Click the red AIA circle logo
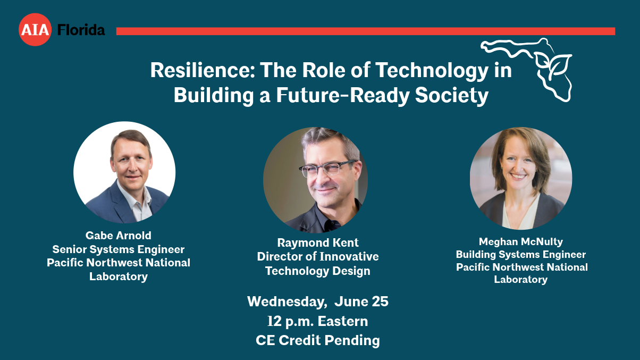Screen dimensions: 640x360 point(35,29)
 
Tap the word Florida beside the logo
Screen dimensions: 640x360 point(81,30)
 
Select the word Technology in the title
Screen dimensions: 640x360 point(432,71)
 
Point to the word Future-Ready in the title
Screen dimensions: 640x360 point(343,95)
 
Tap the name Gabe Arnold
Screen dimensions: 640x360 point(119,236)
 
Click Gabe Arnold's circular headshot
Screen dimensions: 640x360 point(124,172)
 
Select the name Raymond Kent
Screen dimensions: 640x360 point(318,242)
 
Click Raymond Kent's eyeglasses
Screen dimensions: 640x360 point(327,168)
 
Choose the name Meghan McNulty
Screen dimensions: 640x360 point(521,242)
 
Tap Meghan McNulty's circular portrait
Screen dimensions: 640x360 point(521,178)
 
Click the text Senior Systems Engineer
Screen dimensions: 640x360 point(119,249)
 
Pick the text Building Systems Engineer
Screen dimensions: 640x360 point(521,254)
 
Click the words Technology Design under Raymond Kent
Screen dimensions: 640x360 point(318,271)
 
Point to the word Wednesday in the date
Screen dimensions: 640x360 point(287,302)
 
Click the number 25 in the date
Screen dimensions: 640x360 point(380,302)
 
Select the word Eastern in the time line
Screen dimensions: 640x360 point(342,321)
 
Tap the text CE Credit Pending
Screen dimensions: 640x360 point(318,340)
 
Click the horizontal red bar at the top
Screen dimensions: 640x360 point(366,31)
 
